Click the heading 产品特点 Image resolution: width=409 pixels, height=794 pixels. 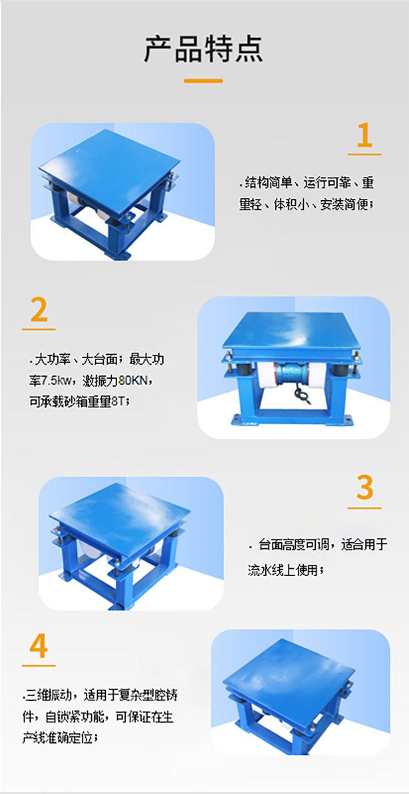coord(203,49)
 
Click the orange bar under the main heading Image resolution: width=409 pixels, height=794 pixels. coord(203,81)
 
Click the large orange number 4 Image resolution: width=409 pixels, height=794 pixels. coord(39,647)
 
